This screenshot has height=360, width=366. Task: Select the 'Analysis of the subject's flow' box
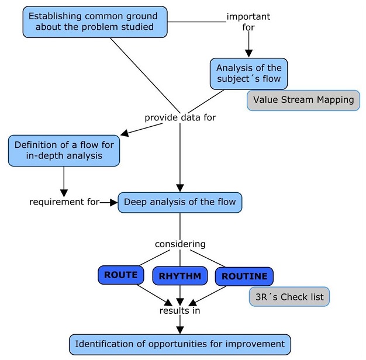pos(248,74)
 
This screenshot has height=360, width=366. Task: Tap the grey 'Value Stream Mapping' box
pos(303,100)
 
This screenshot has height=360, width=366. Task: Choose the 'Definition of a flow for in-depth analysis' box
pos(64,150)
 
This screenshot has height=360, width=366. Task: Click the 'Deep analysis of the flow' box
pos(179,203)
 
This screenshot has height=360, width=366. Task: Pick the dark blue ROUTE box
pos(120,275)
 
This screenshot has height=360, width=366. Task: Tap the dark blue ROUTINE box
pos(244,276)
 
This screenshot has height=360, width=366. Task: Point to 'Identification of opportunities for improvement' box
pos(180,344)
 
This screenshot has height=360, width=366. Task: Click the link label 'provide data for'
pos(180,118)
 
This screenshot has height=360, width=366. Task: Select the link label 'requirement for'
pos(64,202)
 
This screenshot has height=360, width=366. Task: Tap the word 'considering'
pos(179,243)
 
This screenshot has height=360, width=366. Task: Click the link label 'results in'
pos(180,310)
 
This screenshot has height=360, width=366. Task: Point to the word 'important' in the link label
pos(248,16)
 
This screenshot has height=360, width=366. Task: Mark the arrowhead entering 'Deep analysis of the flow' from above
pos(180,188)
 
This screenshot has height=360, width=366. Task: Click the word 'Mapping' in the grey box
pos(333,100)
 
